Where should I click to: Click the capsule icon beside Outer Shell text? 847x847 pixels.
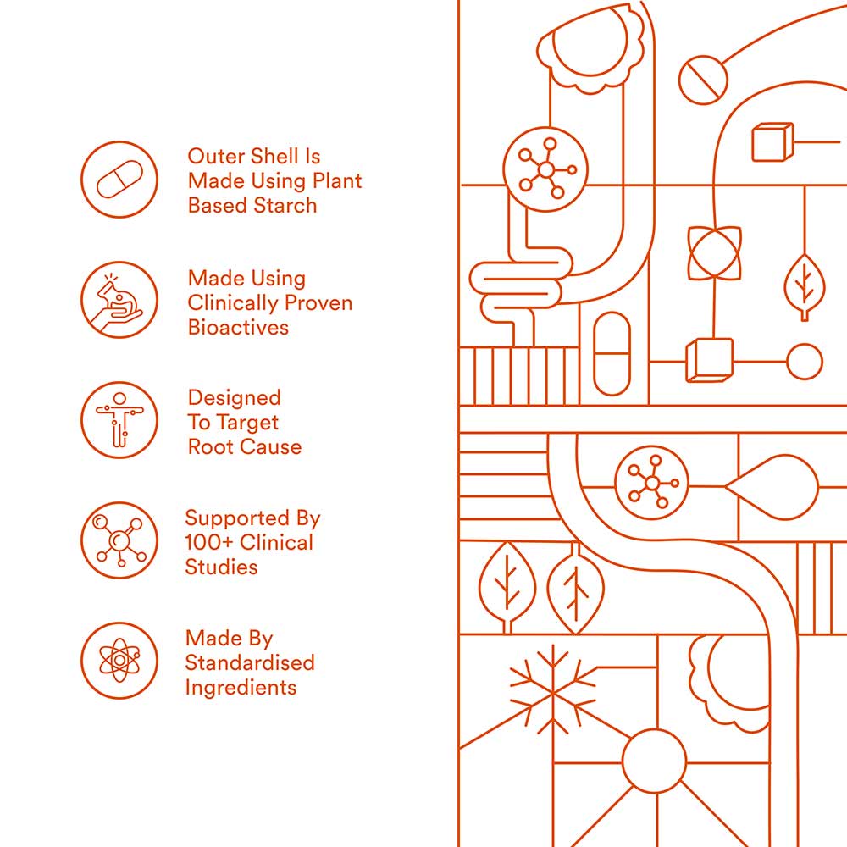[119, 180]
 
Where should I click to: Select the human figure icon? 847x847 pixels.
[119, 420]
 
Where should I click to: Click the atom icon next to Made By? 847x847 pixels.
[119, 661]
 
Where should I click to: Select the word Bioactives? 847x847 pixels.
[238, 327]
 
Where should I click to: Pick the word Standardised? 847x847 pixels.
[250, 663]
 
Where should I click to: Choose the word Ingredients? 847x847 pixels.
[241, 688]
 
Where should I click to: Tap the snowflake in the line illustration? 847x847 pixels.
[552, 690]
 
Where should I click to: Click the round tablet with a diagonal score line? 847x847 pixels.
[703, 80]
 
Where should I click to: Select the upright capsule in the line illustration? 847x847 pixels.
[612, 354]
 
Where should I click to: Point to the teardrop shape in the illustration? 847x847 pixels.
[772, 487]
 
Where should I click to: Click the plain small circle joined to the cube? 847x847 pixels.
[805, 362]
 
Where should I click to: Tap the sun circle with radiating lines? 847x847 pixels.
[654, 761]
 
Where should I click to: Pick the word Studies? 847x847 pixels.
[221, 567]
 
